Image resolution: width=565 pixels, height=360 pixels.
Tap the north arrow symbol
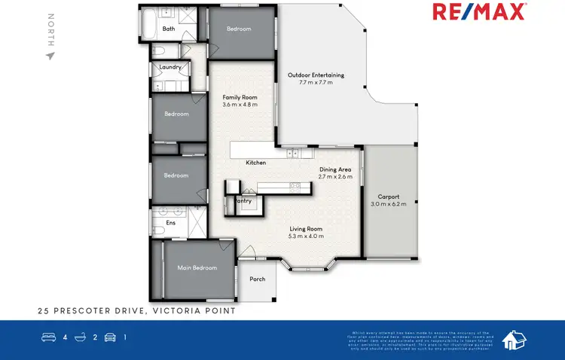tap(51, 55)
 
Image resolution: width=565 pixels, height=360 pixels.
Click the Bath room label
tap(169, 29)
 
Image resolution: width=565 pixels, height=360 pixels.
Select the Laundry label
tap(170, 67)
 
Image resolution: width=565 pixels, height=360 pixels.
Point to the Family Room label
tap(240, 98)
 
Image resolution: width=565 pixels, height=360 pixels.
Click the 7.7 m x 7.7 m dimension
tap(316, 81)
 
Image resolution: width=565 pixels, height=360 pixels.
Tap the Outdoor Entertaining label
tap(316, 75)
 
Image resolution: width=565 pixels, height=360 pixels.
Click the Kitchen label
tap(256, 163)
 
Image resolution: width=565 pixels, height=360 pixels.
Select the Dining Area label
tap(335, 169)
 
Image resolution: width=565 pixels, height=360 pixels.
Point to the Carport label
tap(389, 197)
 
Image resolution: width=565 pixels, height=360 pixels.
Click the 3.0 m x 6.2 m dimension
tap(389, 204)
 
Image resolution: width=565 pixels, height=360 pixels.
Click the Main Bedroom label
tap(197, 267)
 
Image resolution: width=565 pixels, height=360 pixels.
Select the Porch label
tap(258, 279)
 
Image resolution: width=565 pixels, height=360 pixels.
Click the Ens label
tap(171, 223)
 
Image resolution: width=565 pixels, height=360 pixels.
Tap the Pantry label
tap(243, 201)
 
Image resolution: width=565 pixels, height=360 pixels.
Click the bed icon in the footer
tap(47, 337)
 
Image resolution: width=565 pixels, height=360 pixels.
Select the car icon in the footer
tap(110, 337)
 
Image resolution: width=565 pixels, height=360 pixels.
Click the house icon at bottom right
tap(514, 340)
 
